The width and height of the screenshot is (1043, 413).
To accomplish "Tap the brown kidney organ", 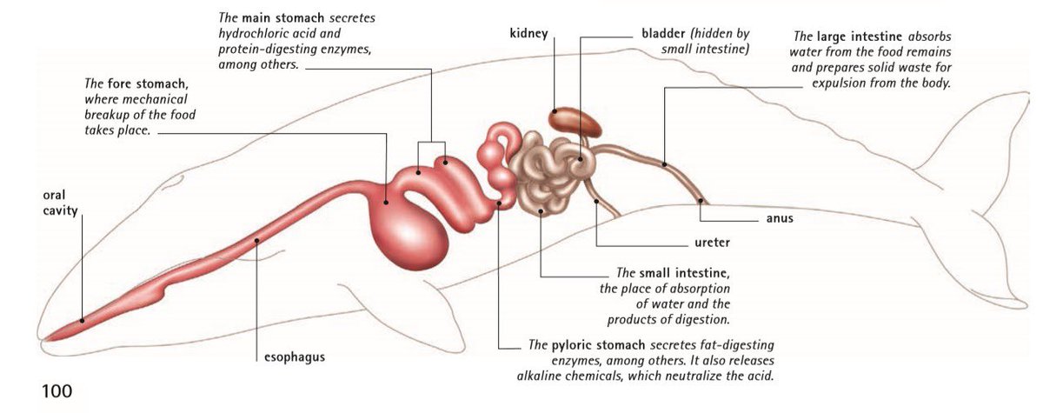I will tap(575, 122).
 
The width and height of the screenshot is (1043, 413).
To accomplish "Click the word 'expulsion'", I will tap(842, 84).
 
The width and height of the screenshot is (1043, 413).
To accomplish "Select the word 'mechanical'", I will tap(149, 100).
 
